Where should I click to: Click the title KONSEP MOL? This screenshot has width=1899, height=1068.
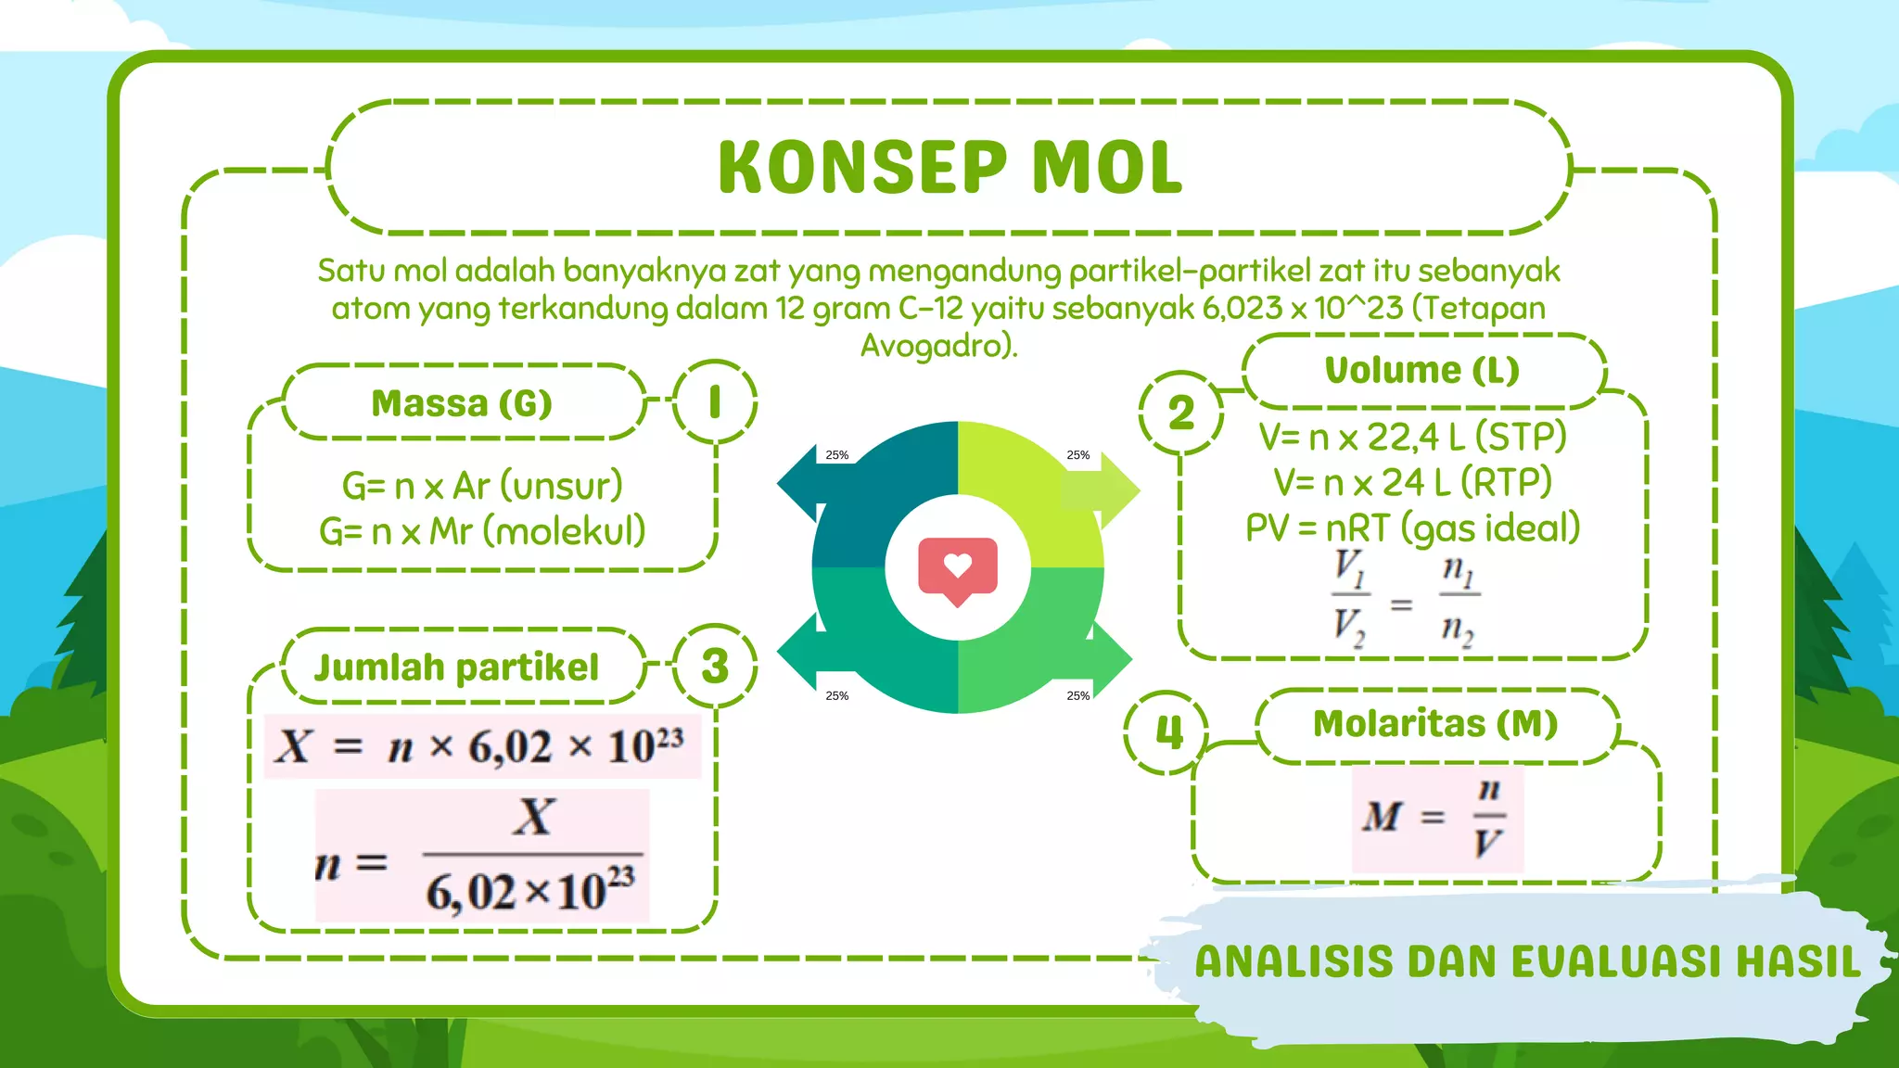point(949,168)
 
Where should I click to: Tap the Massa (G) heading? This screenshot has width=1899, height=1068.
point(462,403)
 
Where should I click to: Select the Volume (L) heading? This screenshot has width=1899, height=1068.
point(1421,370)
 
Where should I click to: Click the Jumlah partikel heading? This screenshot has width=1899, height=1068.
point(456,667)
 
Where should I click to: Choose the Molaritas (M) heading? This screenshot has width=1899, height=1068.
point(1435,724)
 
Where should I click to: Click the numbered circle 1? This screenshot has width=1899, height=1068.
point(714,402)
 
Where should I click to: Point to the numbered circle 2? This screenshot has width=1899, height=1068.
point(1180,413)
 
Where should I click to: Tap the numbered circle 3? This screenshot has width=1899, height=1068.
point(714,666)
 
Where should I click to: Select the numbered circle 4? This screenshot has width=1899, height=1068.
point(1167,732)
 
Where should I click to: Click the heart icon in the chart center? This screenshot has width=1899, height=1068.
point(958,568)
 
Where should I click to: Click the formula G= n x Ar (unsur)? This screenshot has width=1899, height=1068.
point(482,486)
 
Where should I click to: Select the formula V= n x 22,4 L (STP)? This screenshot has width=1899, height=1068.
point(1412,437)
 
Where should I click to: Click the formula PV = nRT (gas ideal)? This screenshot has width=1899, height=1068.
point(1412,528)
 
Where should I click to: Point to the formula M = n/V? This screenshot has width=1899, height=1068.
point(1435,818)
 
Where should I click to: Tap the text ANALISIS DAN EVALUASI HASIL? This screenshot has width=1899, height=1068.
point(1527,961)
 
